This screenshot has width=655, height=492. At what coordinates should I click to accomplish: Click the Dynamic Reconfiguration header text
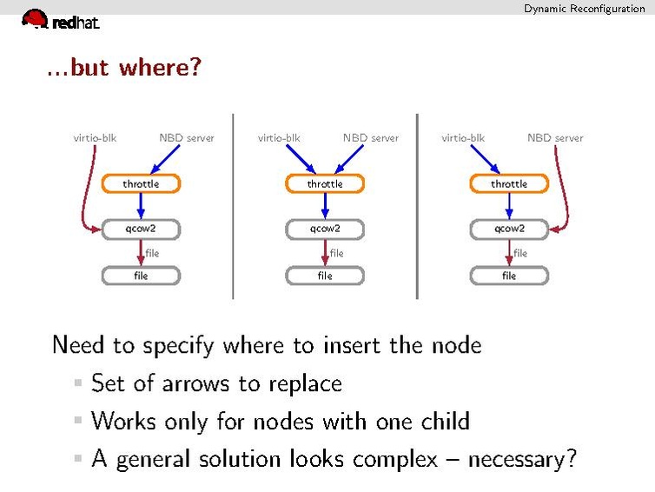click(x=584, y=8)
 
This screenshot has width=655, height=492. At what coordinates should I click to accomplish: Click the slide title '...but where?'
click(x=123, y=67)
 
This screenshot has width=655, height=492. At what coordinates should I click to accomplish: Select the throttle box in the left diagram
click(x=141, y=183)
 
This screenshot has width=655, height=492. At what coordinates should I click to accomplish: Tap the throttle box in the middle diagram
click(x=325, y=183)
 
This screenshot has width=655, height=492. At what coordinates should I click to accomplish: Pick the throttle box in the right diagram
click(x=509, y=183)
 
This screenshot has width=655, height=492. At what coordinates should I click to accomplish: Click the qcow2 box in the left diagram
click(x=141, y=229)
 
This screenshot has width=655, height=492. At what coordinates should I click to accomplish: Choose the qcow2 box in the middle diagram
click(x=325, y=229)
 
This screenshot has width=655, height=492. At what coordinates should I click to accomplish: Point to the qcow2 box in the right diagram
click(x=509, y=229)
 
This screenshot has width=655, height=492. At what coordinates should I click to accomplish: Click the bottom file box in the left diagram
click(x=141, y=276)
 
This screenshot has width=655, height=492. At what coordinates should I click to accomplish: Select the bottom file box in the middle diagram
click(x=325, y=276)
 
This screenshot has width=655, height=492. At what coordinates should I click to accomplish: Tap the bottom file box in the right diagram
click(x=509, y=276)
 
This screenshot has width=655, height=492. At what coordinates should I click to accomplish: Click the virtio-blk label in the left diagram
click(x=95, y=137)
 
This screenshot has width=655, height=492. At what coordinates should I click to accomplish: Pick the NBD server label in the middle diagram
click(x=371, y=137)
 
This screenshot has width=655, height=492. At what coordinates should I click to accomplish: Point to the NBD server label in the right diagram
click(x=555, y=137)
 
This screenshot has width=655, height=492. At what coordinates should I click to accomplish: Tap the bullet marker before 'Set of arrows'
click(x=78, y=383)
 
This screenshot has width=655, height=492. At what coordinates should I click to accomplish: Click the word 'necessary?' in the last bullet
click(x=521, y=459)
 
